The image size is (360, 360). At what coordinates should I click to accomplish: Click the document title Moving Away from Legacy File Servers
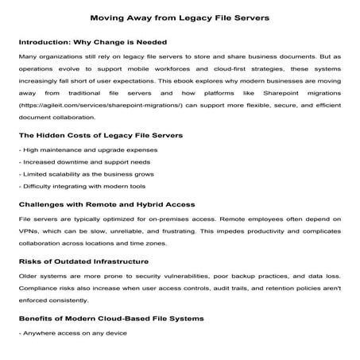[x=180, y=16]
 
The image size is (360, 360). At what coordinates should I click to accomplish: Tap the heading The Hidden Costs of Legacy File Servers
[x=100, y=135]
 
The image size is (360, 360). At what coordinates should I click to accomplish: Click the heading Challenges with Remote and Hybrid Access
[x=107, y=203]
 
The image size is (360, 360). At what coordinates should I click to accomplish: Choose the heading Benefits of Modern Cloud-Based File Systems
[x=111, y=317]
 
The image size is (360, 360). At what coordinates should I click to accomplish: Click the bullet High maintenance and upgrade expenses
[x=74, y=149]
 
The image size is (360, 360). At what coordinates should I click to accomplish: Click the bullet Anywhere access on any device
[x=62, y=332]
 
